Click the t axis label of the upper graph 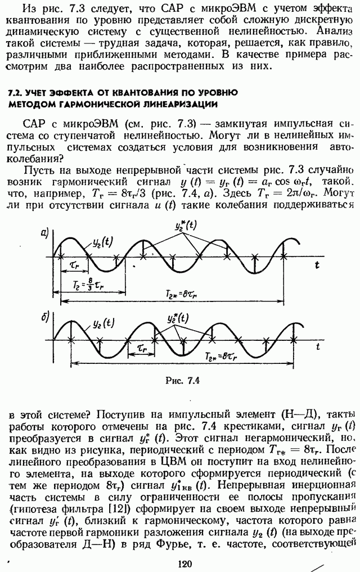317,263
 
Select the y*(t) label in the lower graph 178,317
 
